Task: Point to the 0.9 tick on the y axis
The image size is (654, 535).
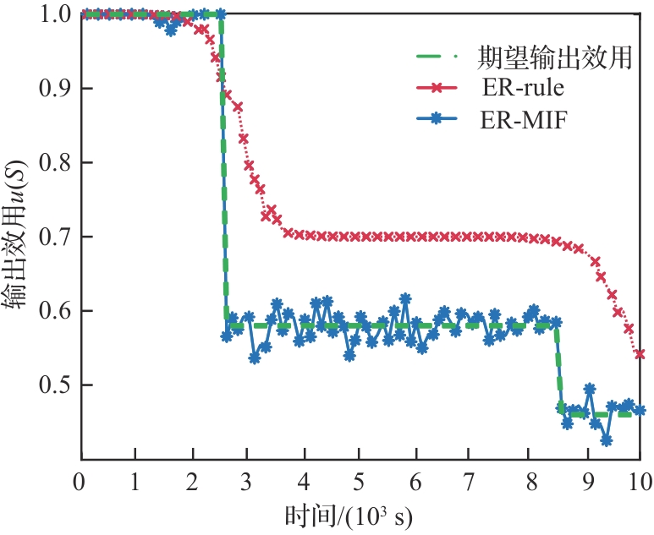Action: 54,89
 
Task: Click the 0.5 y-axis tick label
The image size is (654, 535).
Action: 54,385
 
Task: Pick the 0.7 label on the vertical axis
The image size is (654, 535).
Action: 54,237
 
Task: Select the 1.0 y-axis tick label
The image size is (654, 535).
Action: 54,14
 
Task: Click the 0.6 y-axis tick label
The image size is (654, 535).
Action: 54,311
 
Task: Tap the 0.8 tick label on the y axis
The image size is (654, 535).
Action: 54,163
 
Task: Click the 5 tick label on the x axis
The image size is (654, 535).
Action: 360,480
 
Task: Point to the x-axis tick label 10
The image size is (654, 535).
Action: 640,480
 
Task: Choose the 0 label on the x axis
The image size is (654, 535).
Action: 80,480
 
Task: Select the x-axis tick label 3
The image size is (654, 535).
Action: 247,480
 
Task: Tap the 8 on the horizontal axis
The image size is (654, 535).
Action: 528,480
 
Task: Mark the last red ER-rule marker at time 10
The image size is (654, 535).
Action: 640,354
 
